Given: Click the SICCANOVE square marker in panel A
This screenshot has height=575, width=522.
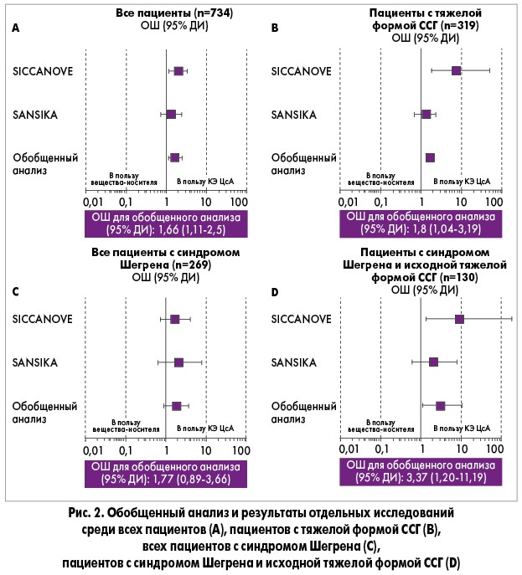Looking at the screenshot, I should tap(178, 70).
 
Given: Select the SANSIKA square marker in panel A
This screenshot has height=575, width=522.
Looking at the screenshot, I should tap(171, 114).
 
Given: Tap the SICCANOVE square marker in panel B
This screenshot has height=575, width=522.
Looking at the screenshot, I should tap(456, 70).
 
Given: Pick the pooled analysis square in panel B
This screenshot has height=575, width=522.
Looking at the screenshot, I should tap(430, 157).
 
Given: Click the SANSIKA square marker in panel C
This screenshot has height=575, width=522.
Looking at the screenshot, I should tap(178, 362).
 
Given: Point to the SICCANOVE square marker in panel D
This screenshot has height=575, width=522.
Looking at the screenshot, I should tap(459, 319).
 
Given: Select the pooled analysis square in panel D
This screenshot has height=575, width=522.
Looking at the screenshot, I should tap(440, 406).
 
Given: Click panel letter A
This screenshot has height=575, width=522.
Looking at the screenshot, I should tap(15, 28).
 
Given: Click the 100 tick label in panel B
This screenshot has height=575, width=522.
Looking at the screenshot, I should tap(494, 202).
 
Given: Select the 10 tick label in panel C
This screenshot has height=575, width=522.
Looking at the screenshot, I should tap(206, 450).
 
